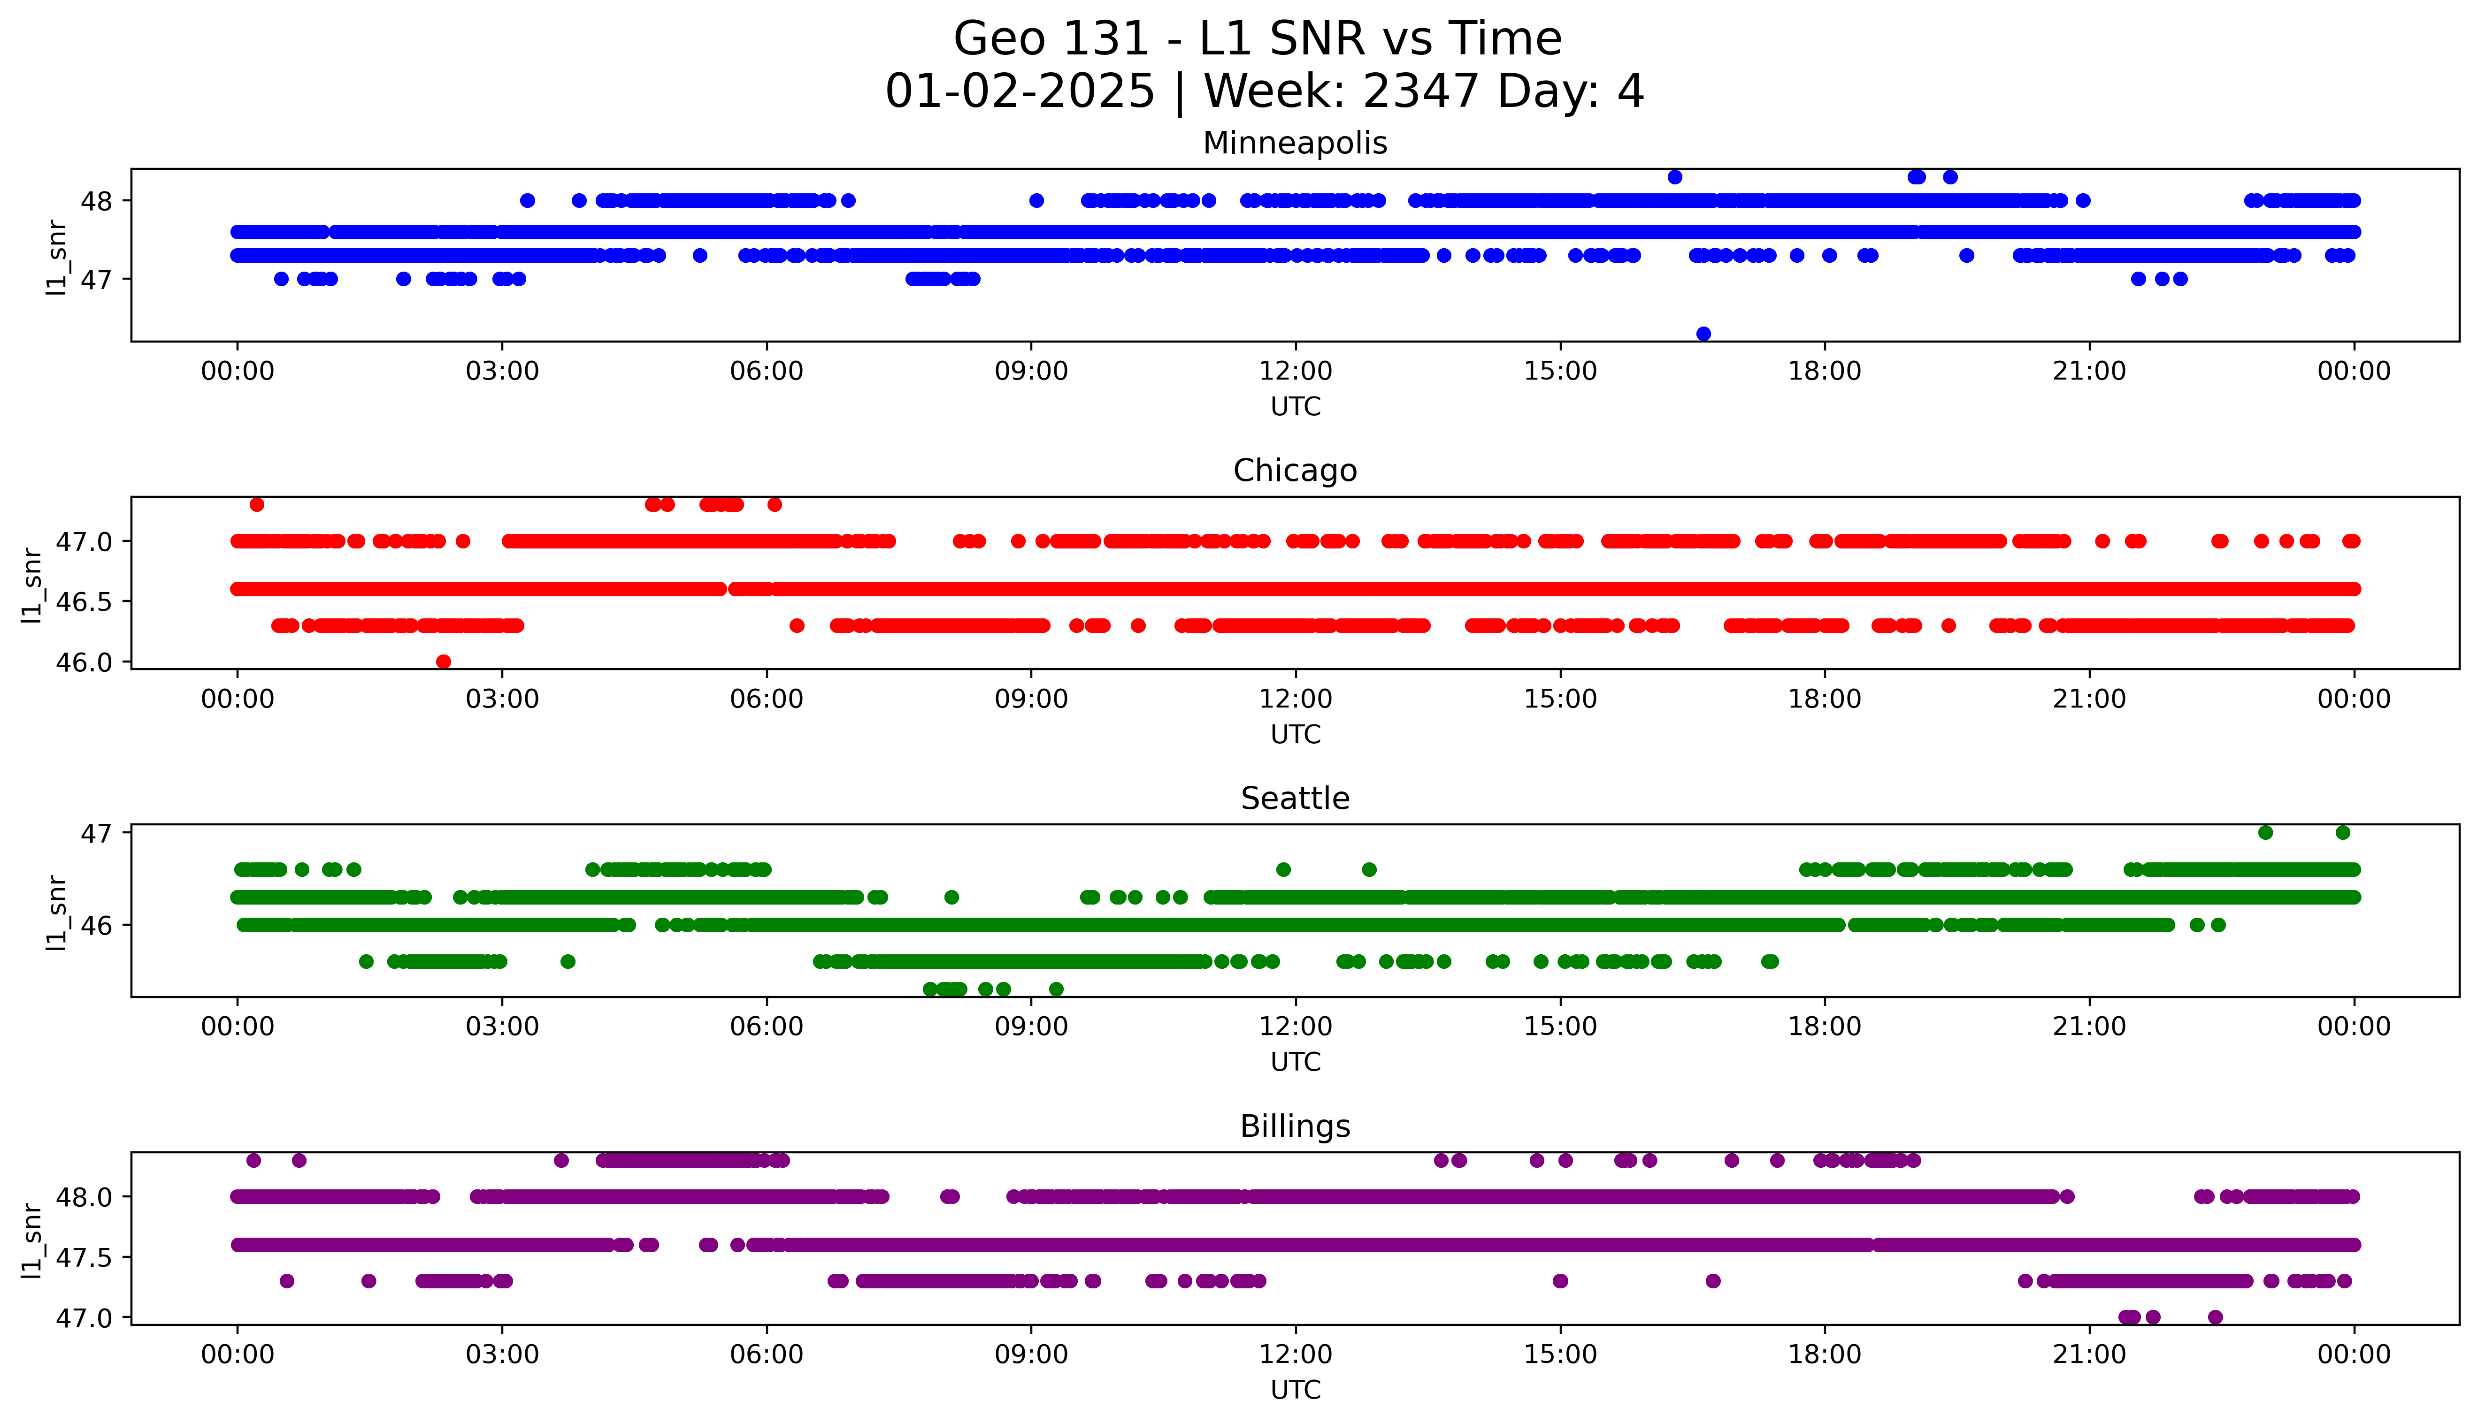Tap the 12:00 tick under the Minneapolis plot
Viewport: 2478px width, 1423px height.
click(1295, 372)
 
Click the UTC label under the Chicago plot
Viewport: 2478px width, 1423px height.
click(1295, 734)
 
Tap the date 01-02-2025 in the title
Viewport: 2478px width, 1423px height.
click(1020, 92)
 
